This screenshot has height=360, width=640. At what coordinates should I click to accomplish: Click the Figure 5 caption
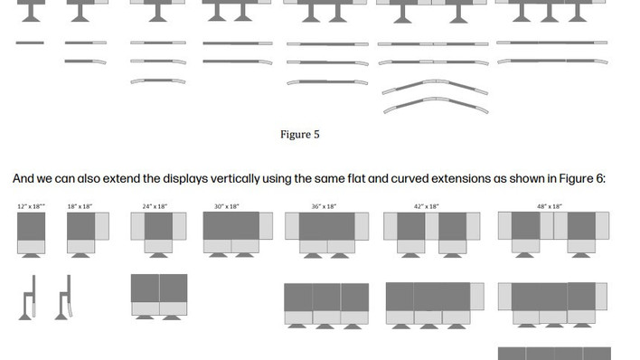click(299, 135)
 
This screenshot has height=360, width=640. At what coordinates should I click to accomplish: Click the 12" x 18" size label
click(31, 206)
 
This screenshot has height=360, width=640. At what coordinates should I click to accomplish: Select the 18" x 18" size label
click(80, 206)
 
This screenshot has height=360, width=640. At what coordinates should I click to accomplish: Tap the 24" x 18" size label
click(155, 206)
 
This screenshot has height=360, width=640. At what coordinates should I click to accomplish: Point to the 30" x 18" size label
click(227, 206)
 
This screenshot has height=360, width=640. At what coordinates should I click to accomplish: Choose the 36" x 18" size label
click(324, 206)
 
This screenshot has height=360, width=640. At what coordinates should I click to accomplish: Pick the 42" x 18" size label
click(426, 206)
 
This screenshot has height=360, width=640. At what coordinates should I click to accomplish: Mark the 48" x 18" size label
click(550, 206)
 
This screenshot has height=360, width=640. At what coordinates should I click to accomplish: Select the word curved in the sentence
click(409, 178)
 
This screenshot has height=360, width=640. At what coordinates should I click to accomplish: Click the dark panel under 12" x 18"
click(31, 226)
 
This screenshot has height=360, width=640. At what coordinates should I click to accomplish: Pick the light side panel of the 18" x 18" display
click(102, 226)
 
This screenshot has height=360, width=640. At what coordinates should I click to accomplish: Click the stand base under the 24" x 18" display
click(158, 255)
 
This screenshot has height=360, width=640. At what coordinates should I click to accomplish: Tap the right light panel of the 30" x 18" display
click(266, 225)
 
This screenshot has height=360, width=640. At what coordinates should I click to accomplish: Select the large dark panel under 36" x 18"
click(326, 226)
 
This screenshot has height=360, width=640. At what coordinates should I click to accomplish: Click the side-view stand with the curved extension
click(64, 298)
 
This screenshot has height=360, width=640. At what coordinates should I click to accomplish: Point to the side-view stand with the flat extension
click(28, 298)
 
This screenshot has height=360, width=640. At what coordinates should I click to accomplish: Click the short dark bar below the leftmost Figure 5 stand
click(30, 43)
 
